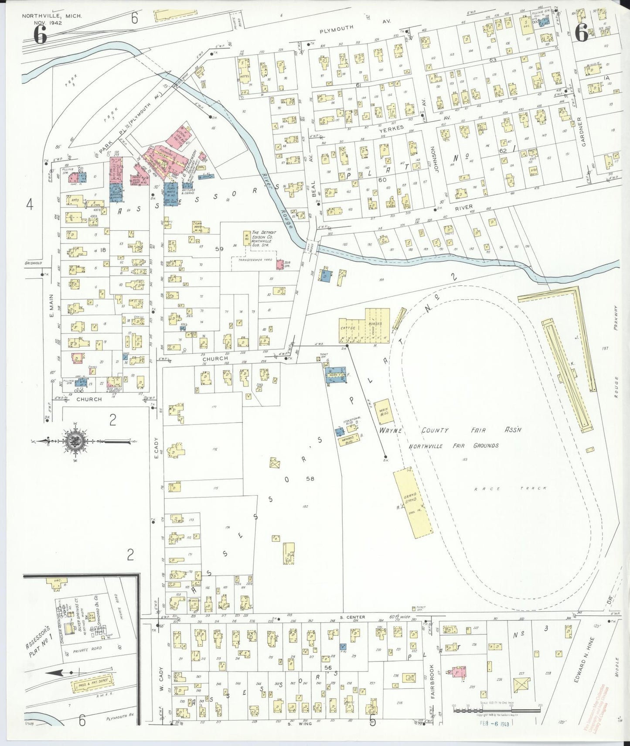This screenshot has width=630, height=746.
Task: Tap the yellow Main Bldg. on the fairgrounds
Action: click(383, 411)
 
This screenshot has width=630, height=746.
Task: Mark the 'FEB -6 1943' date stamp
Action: click(488, 724)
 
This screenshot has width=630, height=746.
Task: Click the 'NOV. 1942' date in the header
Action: click(48, 23)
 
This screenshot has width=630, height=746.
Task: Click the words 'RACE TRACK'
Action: click(510, 489)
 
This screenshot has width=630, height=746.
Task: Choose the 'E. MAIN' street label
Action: click(51, 306)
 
